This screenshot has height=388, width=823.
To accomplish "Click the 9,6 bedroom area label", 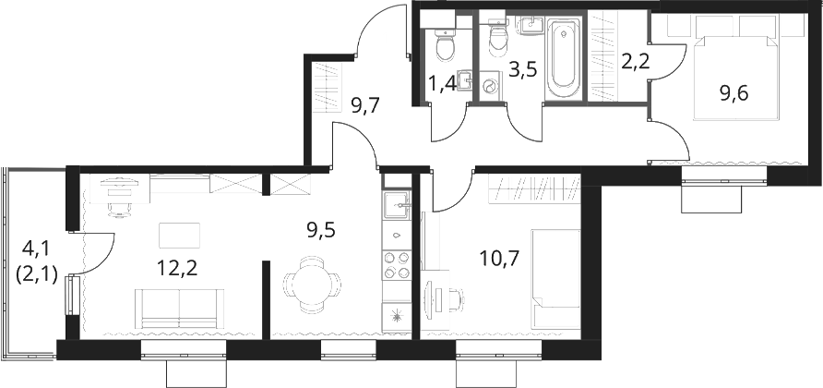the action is point(734,94).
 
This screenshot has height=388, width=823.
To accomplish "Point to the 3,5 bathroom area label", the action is point(523,70).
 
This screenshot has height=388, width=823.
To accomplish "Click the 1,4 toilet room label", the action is point(443,84).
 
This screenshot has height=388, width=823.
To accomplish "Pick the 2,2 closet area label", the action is point(636,62).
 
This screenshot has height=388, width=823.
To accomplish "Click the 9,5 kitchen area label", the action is point(321,230).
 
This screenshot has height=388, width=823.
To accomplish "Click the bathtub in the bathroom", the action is point(563,58).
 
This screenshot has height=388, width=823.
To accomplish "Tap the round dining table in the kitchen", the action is point(312,285).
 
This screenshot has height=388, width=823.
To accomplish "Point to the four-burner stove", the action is point(397,264).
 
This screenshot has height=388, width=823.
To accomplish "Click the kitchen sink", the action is point(397,204).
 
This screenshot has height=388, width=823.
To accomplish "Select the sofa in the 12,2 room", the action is point(180,309).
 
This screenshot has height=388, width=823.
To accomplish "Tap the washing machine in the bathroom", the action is point(491,86).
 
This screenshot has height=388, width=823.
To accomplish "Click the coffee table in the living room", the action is point(180,236).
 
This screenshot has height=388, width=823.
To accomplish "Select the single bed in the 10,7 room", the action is point(555,279).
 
